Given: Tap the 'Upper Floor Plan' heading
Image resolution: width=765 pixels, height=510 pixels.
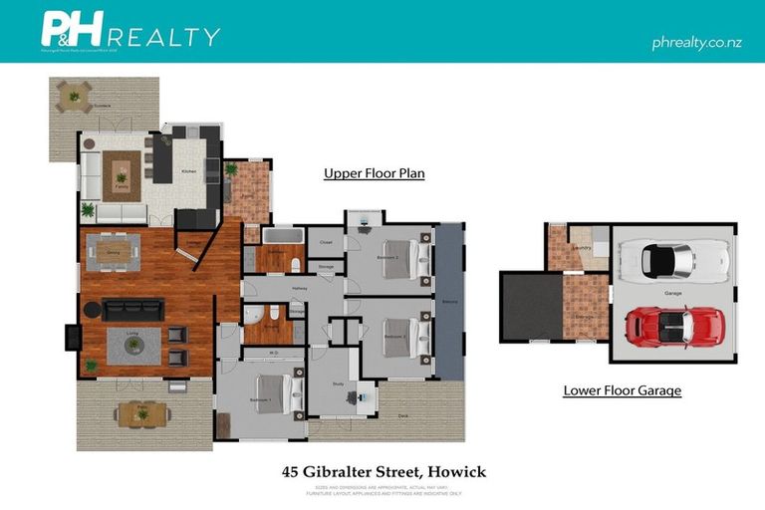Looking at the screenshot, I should click(x=374, y=173).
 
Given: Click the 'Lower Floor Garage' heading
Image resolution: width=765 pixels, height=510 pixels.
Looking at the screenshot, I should click(x=622, y=390).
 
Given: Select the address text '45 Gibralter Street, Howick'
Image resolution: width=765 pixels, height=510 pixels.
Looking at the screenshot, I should click(x=382, y=471).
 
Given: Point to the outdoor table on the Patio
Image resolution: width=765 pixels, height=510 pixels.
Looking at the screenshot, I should click(x=141, y=412).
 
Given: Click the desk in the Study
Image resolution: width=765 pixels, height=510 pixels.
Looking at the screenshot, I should click(x=358, y=396).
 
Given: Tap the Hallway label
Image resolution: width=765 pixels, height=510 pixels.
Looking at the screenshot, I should click(x=299, y=289).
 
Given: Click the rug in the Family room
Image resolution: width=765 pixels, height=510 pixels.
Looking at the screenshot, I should click(x=122, y=177).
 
